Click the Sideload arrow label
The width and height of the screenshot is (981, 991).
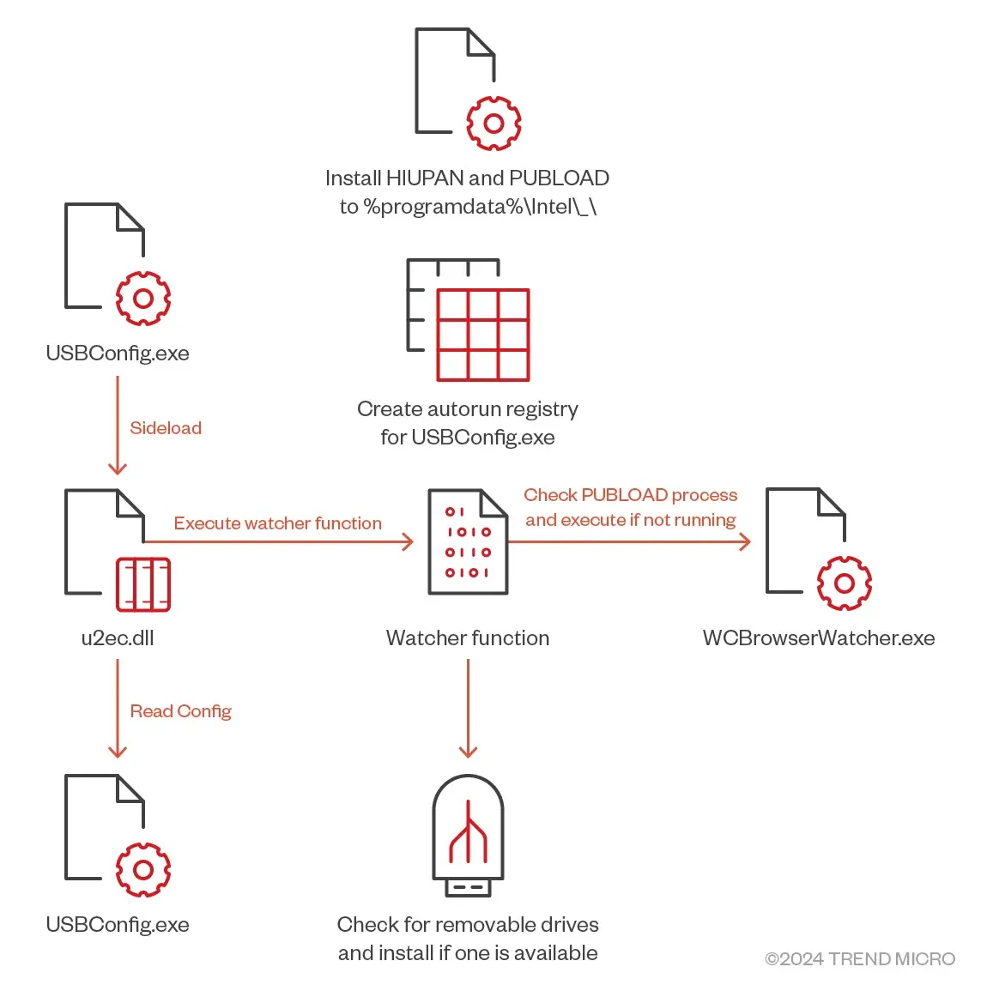coord(166,428)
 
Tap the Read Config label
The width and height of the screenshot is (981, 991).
coord(180,711)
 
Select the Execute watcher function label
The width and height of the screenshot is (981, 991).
coord(277,523)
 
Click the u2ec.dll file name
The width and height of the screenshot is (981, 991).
coord(118,638)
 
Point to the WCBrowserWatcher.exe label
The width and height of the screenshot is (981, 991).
coord(818,638)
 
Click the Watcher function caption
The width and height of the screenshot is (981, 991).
coord(468,638)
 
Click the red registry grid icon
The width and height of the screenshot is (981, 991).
coord(482,335)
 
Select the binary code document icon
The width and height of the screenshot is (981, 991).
coord(468,541)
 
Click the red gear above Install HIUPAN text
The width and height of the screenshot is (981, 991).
coord(494,124)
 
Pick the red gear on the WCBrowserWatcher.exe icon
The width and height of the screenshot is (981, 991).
coord(844,583)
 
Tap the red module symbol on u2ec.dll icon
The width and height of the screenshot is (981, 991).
coord(143,584)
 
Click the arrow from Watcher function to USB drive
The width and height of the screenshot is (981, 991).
coord(468,709)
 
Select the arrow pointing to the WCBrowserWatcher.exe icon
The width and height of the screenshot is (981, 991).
coord(629,541)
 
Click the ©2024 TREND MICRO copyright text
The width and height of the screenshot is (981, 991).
coord(859,959)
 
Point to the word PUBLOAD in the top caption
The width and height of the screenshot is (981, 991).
coord(559,178)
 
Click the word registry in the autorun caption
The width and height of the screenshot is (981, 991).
coord(541,409)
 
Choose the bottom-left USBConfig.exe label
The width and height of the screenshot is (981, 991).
coord(118,925)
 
